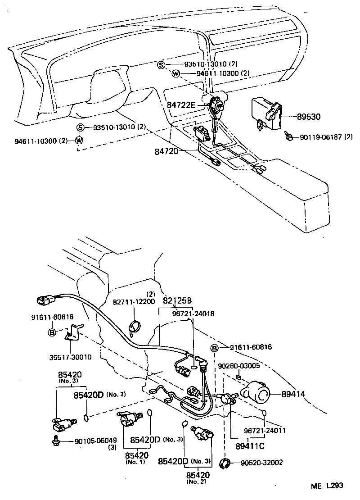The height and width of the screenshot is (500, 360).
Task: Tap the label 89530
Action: pos(309,117)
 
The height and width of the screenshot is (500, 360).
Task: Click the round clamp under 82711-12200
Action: pos(135,326)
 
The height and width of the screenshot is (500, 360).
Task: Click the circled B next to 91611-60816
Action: pos(215,347)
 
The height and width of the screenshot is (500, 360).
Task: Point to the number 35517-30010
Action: pos(71,357)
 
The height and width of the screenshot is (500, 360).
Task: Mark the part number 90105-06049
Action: pos(96,441)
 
